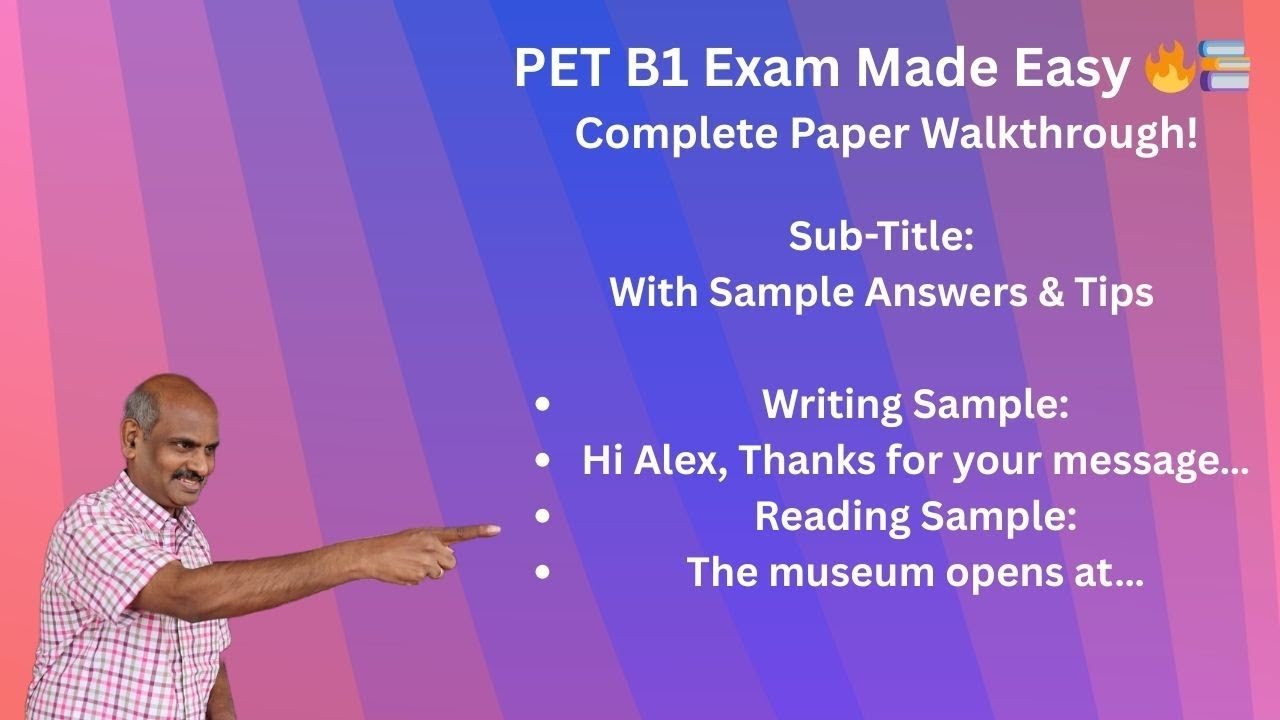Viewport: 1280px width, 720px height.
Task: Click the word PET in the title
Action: pyautogui.click(x=555, y=70)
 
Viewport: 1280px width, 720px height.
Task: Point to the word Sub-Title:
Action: pyautogui.click(x=880, y=237)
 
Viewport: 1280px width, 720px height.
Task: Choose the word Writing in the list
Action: pyautogui.click(x=832, y=405)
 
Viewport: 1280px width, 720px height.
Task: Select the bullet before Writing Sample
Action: pyautogui.click(x=542, y=405)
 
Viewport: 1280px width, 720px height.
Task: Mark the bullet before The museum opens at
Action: pyautogui.click(x=542, y=573)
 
